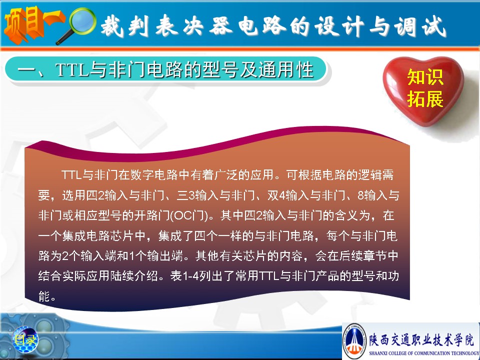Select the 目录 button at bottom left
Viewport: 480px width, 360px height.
pyautogui.click(x=25, y=339)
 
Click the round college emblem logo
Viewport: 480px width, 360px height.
pyautogui.click(x=354, y=340)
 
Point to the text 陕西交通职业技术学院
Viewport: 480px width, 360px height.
pyautogui.click(x=421, y=339)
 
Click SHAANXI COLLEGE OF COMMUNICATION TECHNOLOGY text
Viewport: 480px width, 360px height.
pyautogui.click(x=423, y=353)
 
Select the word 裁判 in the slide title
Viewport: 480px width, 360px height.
pyautogui.click(x=125, y=25)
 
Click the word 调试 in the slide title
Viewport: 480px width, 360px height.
pyautogui.click(x=420, y=26)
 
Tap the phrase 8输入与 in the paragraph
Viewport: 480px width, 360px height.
pyautogui.click(x=378, y=195)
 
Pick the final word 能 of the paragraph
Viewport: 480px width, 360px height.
pyautogui.click(x=44, y=296)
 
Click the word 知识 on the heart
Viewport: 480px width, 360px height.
pyautogui.click(x=425, y=76)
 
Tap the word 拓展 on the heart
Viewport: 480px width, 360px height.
pyautogui.click(x=425, y=98)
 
